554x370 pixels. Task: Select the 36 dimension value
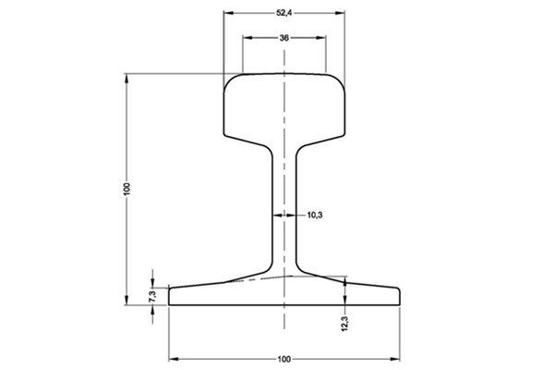(x=283, y=38)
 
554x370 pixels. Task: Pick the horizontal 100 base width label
(x=283, y=358)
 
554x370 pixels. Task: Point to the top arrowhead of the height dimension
(x=127, y=79)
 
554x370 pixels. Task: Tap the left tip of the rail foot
(x=171, y=295)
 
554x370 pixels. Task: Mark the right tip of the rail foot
(x=398, y=295)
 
